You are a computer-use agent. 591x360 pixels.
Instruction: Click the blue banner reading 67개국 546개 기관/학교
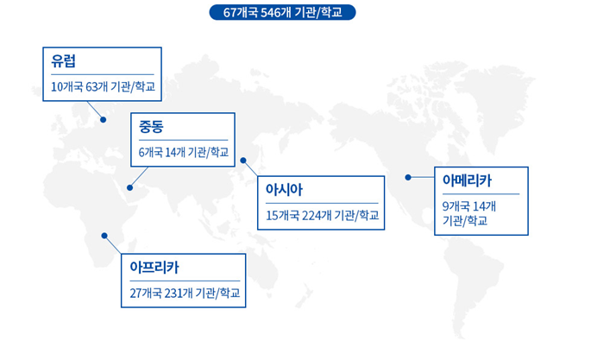282,12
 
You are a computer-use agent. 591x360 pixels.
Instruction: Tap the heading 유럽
63,61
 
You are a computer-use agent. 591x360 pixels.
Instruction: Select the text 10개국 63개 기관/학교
103,86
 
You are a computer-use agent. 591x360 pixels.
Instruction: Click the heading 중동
151,127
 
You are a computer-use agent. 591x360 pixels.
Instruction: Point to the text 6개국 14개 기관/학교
184,152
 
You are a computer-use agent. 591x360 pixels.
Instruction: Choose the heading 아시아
284,189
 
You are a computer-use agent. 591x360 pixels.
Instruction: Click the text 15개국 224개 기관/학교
323,216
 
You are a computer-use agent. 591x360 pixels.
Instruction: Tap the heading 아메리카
467,180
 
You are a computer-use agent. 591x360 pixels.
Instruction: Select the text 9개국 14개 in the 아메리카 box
468,206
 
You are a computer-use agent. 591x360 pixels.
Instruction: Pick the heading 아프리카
154,268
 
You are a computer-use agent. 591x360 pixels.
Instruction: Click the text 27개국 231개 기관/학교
185,293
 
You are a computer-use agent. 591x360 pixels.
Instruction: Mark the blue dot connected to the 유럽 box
103,119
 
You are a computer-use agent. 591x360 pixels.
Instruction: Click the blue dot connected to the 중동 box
129,187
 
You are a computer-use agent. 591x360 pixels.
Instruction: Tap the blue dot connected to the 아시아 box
243,161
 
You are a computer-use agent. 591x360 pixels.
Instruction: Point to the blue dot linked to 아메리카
408,177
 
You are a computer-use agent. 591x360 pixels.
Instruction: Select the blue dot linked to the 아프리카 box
104,236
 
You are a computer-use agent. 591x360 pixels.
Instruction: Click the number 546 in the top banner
270,12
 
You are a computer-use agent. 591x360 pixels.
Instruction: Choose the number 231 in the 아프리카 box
173,293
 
